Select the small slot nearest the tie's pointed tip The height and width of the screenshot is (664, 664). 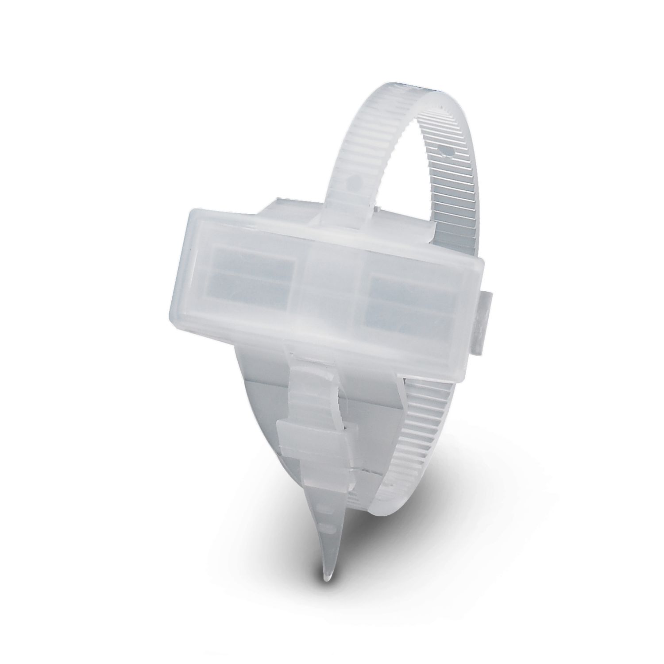(x=328, y=526)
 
